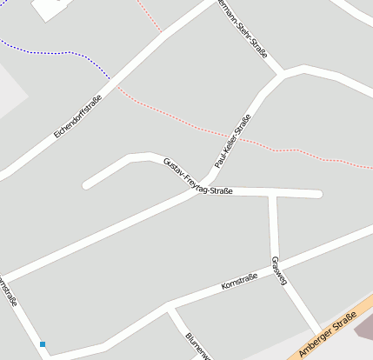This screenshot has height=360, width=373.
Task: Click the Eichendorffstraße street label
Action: click(77, 116)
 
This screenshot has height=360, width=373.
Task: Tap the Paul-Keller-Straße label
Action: click(232, 141)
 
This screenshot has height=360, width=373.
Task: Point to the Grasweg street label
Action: click(279, 270)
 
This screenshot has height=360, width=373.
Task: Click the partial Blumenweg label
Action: click(198, 345)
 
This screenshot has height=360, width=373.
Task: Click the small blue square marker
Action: click(42, 344)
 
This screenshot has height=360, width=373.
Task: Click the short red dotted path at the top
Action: click(150, 16)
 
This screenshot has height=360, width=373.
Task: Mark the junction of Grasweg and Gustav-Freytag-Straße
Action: click(272, 193)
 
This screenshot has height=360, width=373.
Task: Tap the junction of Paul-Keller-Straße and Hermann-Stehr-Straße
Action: click(281, 75)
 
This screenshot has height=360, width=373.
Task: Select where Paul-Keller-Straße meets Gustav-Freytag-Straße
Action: click(205, 188)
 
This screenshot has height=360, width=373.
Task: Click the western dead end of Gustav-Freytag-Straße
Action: click(86, 184)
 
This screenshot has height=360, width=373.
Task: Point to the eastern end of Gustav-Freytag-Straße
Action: click(318, 194)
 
